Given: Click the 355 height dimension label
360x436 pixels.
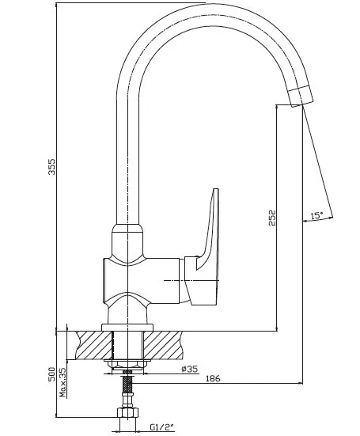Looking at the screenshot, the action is [x=52, y=166].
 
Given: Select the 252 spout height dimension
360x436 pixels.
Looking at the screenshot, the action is [x=273, y=218].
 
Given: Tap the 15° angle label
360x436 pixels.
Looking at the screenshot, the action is [x=317, y=216].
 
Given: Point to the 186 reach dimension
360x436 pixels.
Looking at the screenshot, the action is [x=213, y=378].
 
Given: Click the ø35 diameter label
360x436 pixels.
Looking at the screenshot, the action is [x=189, y=369].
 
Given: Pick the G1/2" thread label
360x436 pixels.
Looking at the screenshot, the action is [x=161, y=427].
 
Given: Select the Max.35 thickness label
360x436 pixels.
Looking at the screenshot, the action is [x=63, y=382].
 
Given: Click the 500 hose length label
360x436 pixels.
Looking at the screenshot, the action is [x=52, y=374].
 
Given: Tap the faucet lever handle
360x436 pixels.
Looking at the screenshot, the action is [x=206, y=248].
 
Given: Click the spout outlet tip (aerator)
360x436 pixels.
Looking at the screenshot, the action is [x=300, y=97].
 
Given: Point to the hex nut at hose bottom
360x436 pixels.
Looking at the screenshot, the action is [x=127, y=412].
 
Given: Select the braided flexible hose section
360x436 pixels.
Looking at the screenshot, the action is [x=127, y=385].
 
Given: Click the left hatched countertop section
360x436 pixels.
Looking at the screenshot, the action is [x=93, y=345].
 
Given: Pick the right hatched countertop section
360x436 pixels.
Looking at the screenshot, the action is [x=163, y=345].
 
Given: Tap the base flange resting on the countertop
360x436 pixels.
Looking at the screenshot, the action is [x=127, y=328].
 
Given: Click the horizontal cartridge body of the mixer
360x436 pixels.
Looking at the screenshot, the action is [x=142, y=281].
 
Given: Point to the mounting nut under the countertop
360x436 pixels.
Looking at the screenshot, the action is [x=127, y=364].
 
